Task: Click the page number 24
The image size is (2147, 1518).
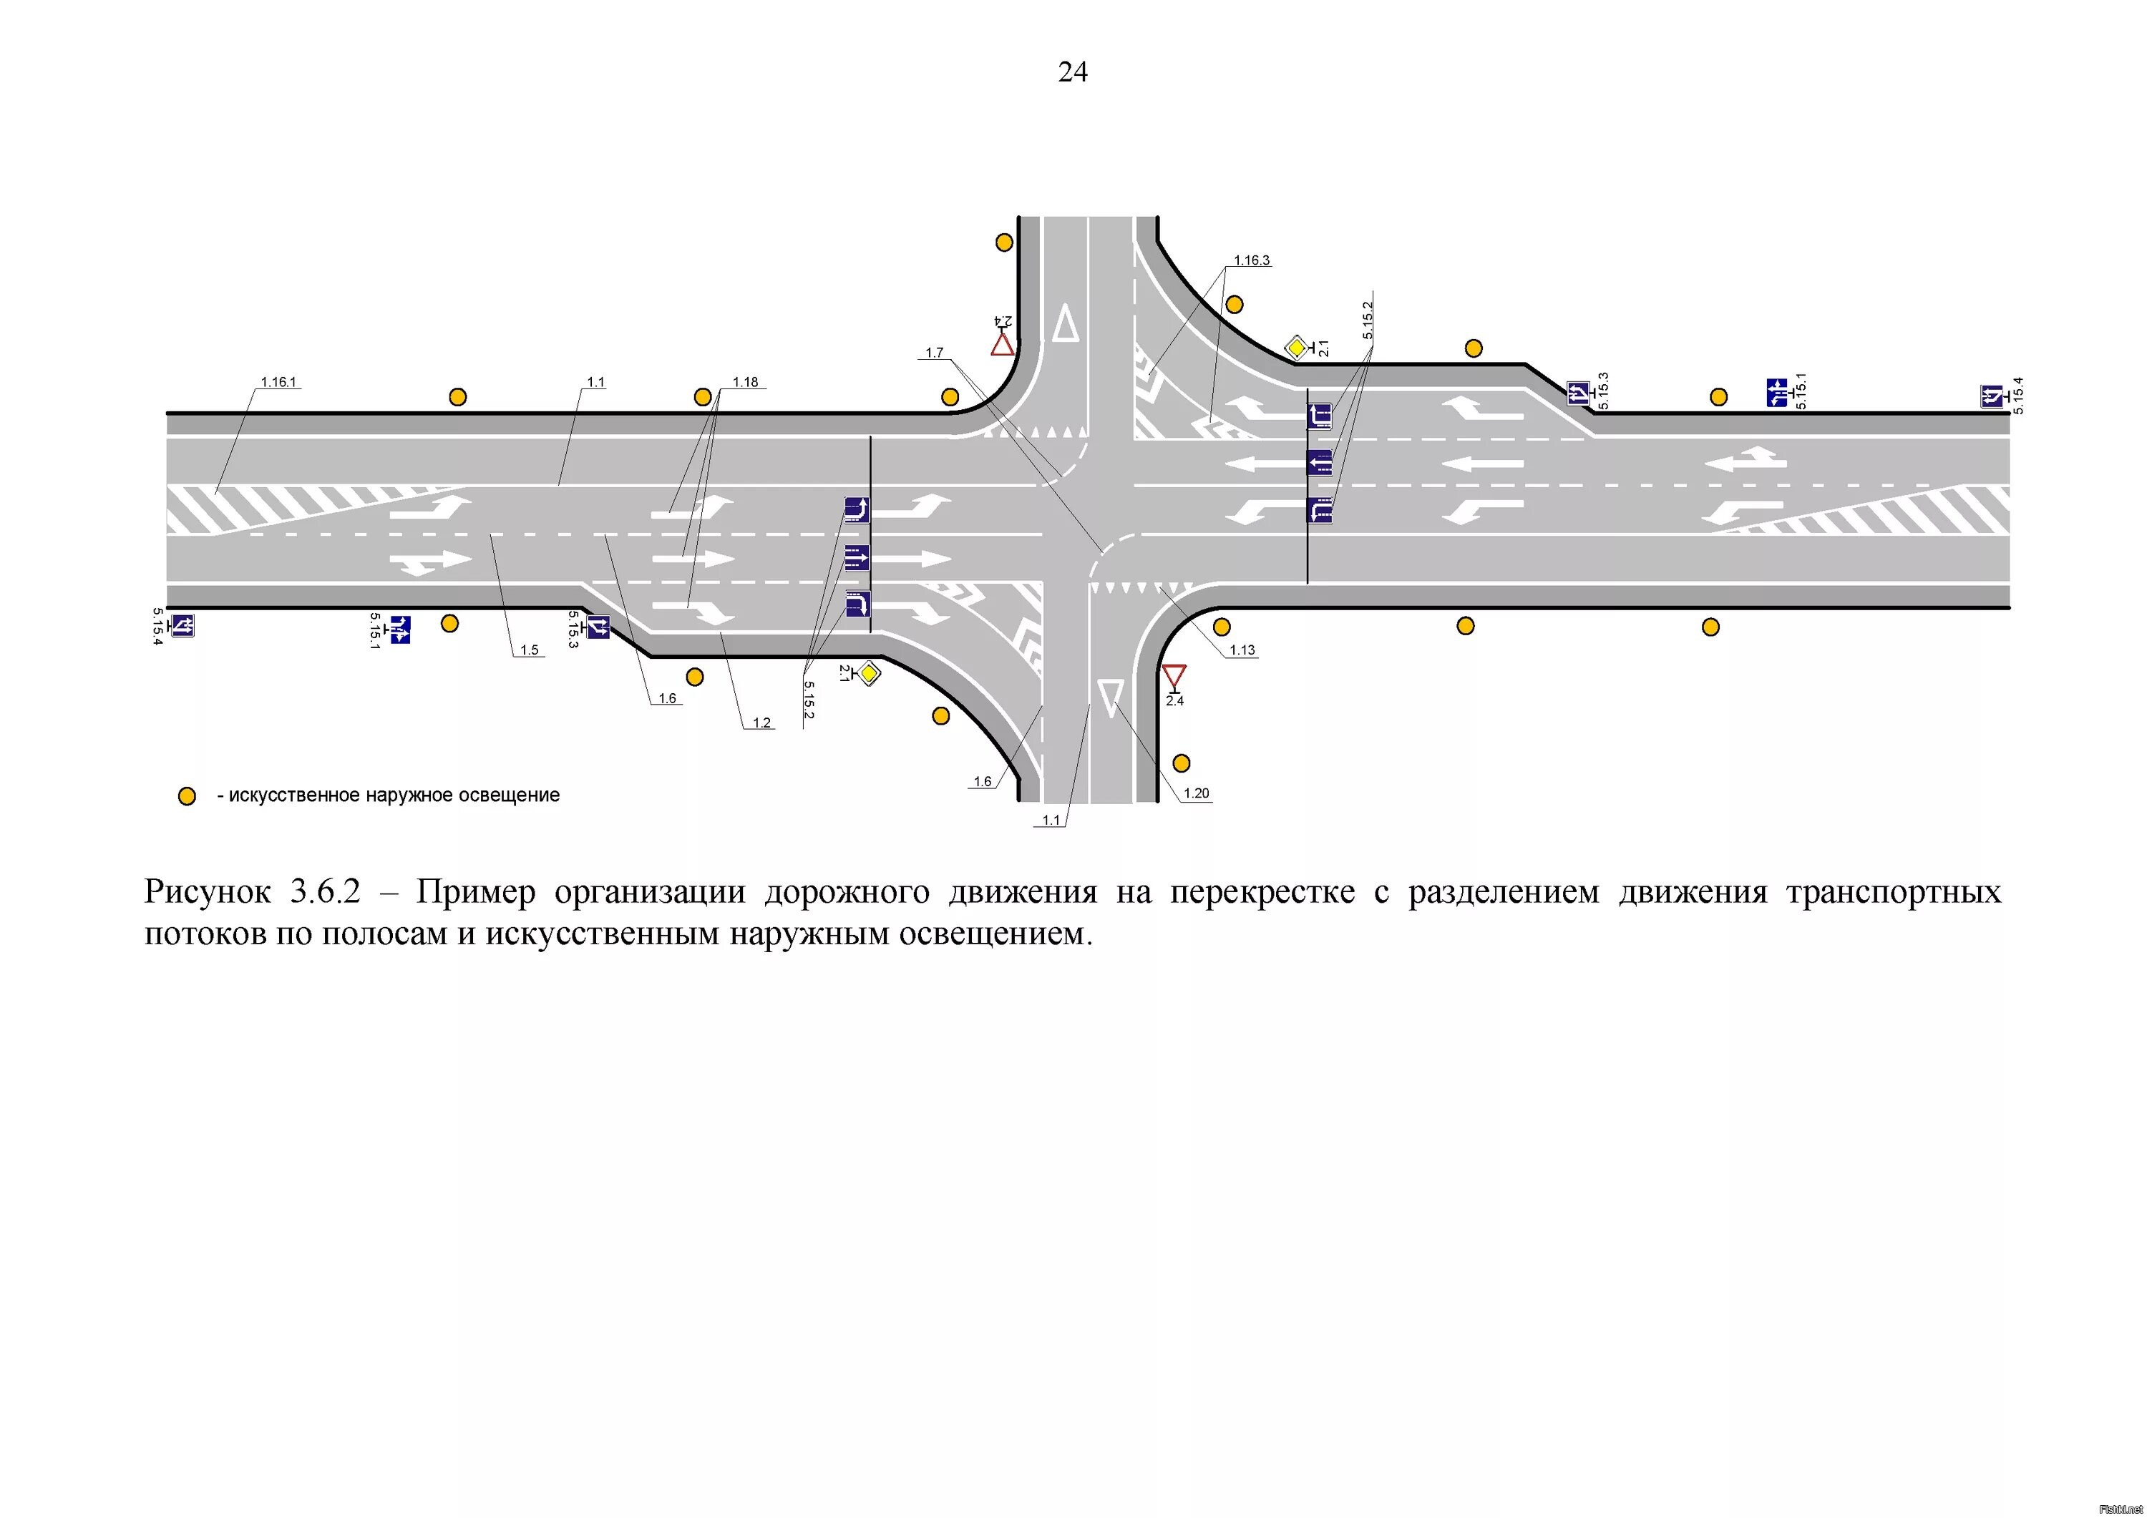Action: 1073,72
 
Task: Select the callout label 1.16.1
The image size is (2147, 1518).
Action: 278,382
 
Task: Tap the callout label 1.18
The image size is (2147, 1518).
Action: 745,382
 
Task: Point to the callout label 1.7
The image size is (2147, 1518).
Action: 934,353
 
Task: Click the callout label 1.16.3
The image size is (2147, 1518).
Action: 1251,261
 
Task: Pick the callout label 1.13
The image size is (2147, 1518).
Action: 1242,650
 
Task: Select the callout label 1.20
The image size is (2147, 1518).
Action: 1196,793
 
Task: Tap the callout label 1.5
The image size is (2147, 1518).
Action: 530,650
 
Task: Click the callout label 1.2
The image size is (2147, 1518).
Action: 762,723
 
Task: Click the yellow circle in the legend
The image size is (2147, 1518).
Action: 187,796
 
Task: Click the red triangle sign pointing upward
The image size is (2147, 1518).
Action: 1003,345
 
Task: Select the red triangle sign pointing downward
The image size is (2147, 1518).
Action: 1174,676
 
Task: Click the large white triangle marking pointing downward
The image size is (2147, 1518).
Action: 1111,698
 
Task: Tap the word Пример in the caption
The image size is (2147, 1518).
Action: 476,893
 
